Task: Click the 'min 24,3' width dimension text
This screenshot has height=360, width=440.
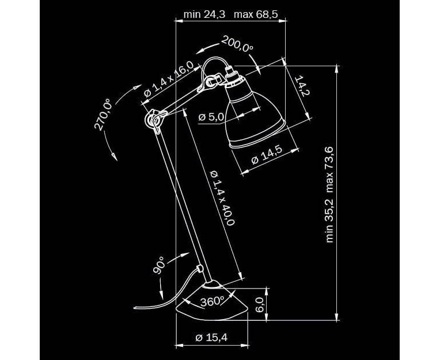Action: click(204, 14)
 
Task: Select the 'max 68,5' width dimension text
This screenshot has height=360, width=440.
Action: click(256, 14)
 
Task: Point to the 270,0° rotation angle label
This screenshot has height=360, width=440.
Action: click(105, 115)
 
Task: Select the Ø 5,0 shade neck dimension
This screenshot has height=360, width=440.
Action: click(211, 118)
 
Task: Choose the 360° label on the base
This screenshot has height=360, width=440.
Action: click(211, 301)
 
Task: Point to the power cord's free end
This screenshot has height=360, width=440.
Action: click(136, 308)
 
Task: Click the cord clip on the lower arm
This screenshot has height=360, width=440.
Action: click(199, 268)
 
